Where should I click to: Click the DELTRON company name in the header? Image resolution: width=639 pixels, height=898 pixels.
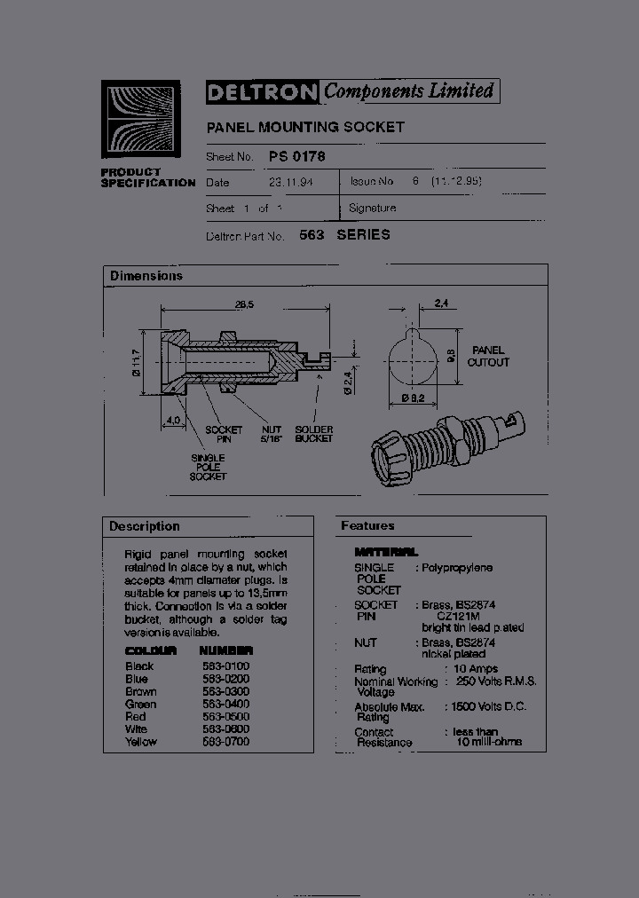click(263, 91)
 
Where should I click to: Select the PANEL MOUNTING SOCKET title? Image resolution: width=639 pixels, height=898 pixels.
click(305, 127)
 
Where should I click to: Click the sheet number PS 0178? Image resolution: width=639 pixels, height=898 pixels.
click(296, 156)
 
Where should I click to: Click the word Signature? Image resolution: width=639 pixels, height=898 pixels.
click(373, 208)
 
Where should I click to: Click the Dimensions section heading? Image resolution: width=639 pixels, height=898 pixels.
click(146, 276)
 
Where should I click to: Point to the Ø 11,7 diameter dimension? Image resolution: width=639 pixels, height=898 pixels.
click(137, 362)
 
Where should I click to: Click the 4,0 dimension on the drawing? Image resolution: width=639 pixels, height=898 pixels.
click(172, 419)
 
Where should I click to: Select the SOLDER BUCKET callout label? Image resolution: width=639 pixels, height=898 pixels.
click(314, 434)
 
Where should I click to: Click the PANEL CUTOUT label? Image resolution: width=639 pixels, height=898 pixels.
click(488, 356)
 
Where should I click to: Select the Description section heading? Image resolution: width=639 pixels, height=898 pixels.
click(145, 526)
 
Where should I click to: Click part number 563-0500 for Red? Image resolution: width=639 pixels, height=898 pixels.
click(226, 716)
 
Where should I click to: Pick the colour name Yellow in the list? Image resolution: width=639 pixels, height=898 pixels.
click(141, 741)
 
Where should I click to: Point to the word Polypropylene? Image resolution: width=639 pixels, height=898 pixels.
click(457, 567)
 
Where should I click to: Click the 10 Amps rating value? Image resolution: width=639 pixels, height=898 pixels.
click(477, 668)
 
